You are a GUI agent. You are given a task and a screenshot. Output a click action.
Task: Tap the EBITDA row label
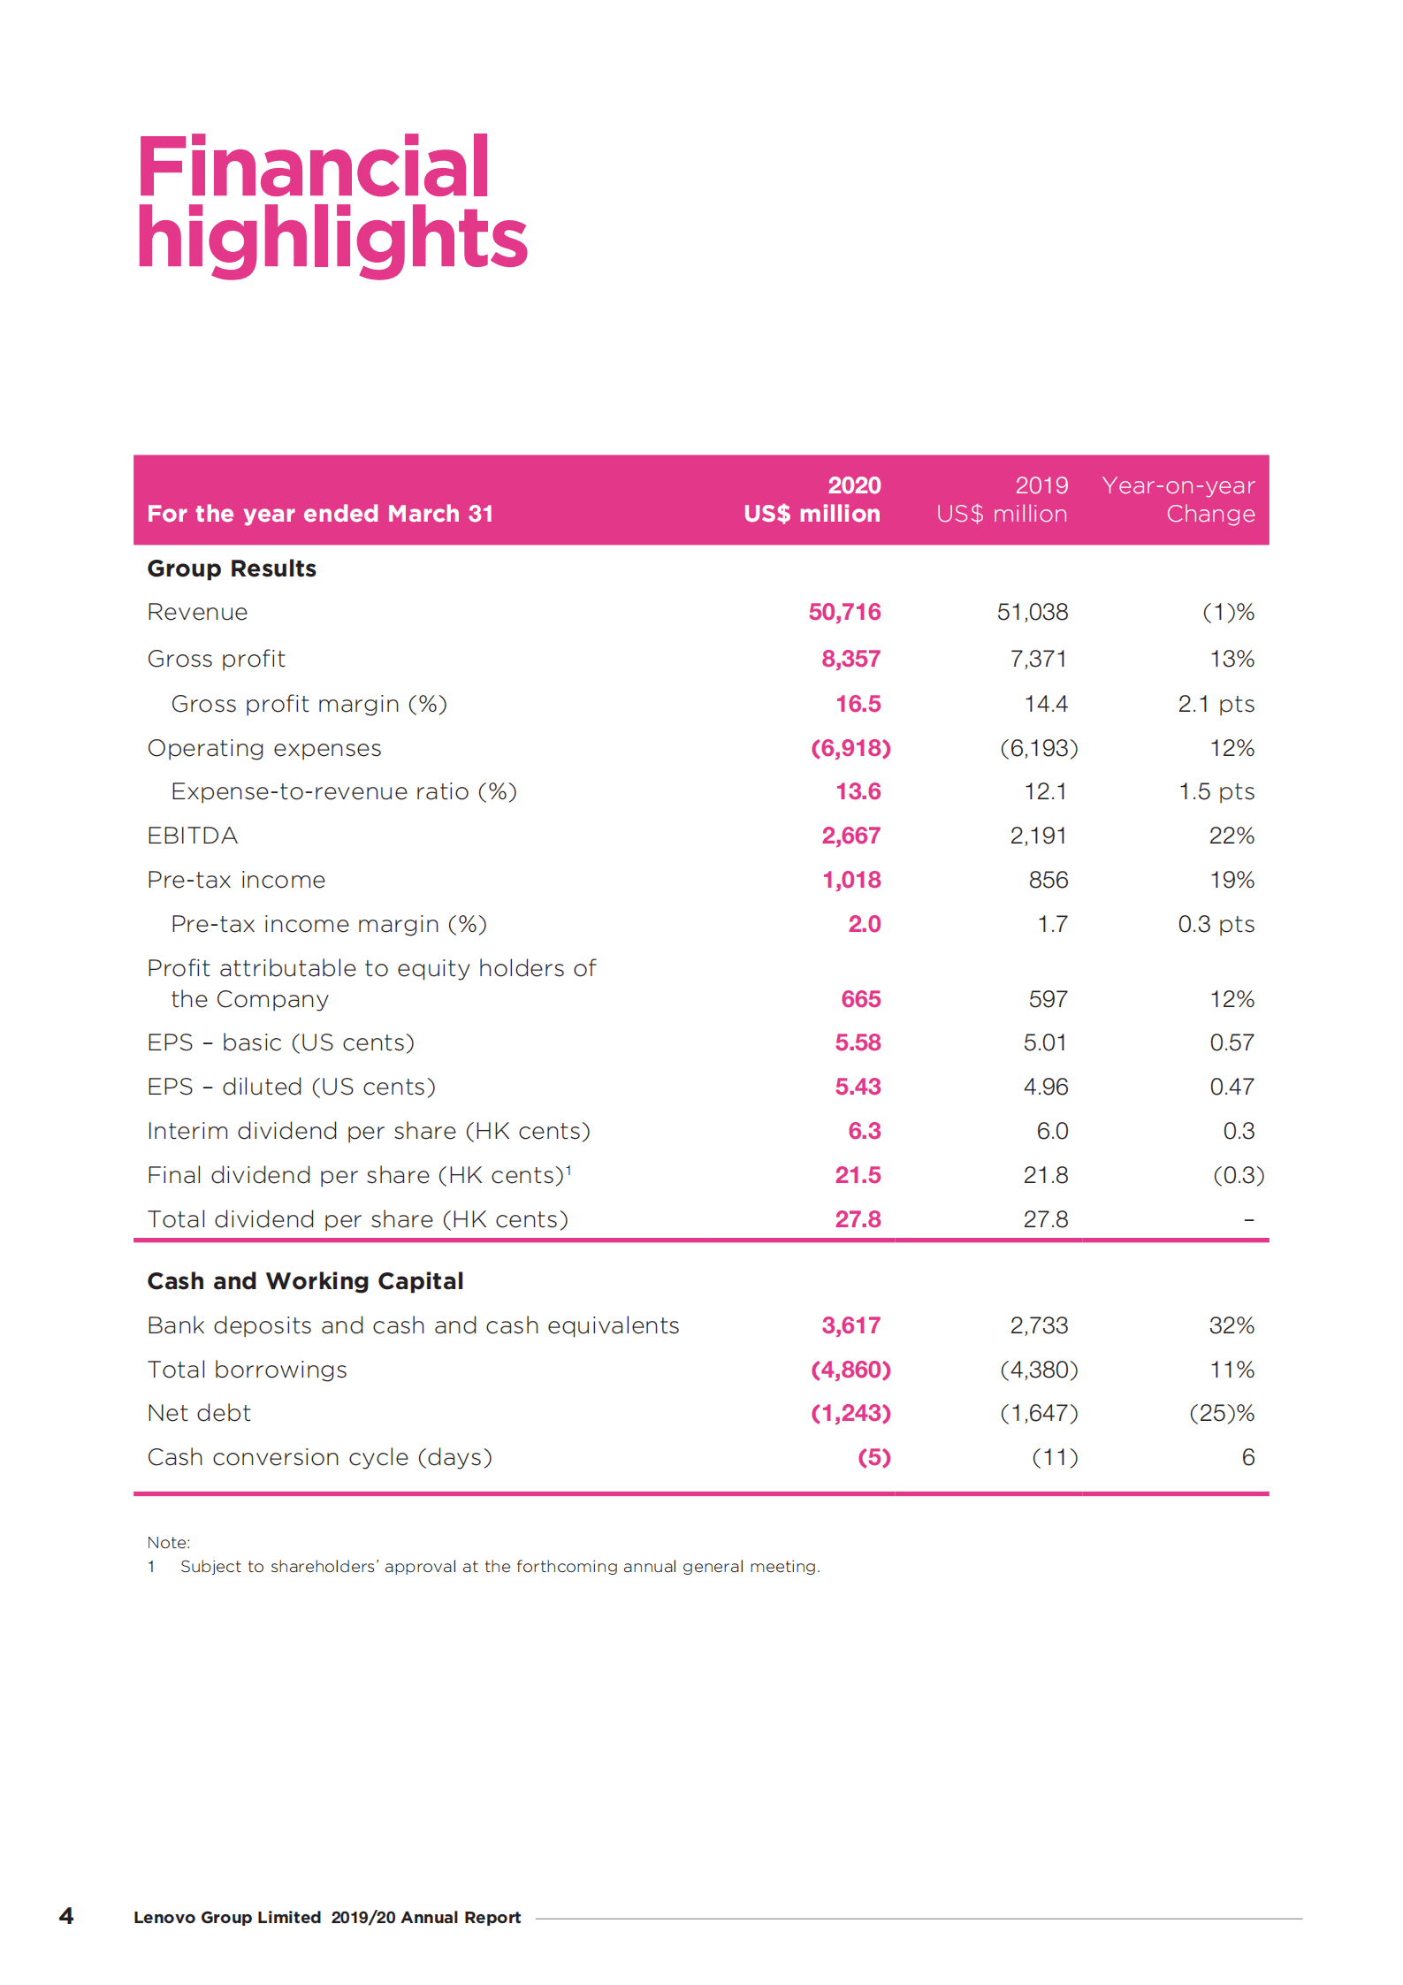pyautogui.click(x=192, y=836)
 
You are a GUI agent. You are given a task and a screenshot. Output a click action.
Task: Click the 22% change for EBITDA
pyautogui.click(x=1231, y=836)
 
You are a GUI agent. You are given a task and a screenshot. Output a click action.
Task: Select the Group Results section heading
pyautogui.click(x=232, y=569)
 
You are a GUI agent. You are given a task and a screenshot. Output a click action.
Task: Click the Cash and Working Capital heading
pyautogui.click(x=305, y=1281)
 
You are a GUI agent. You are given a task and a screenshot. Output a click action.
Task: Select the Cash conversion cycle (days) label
pyautogui.click(x=319, y=1457)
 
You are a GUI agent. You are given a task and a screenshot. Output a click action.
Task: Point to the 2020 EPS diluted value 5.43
pyautogui.click(x=858, y=1087)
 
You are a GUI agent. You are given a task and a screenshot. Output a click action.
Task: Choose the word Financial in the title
pyautogui.click(x=313, y=167)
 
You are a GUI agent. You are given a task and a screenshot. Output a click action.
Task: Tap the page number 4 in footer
pyautogui.click(x=66, y=1916)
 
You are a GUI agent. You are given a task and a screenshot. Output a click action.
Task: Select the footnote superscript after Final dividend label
pyautogui.click(x=568, y=1169)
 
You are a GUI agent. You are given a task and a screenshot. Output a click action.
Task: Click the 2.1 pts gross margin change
pyautogui.click(x=1216, y=704)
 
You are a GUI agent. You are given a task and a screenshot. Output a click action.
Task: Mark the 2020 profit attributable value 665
pyautogui.click(x=860, y=999)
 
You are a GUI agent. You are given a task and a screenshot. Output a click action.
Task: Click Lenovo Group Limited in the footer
pyautogui.click(x=227, y=1917)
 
